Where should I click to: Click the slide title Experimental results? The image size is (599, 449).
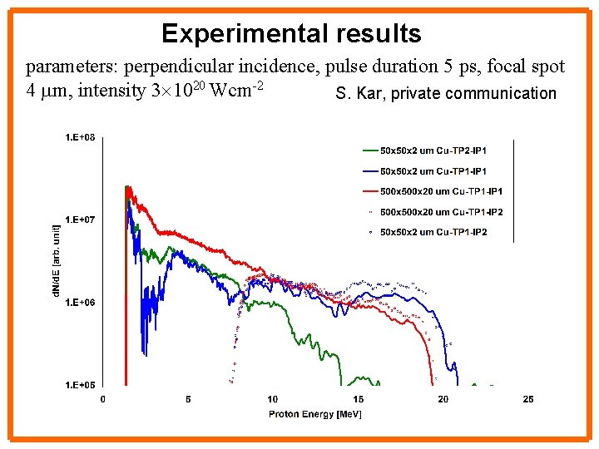pyautogui.click(x=291, y=34)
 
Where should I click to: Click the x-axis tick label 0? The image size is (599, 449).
pyautogui.click(x=103, y=400)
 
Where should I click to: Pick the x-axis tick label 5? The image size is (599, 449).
pyautogui.click(x=188, y=400)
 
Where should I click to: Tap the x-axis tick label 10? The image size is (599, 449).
pyautogui.click(x=273, y=400)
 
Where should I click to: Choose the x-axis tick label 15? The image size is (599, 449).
pyautogui.click(x=359, y=400)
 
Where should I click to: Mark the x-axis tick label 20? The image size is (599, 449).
pyautogui.click(x=443, y=400)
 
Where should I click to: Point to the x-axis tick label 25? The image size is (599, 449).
pyautogui.click(x=528, y=400)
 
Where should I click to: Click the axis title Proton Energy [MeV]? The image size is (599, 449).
pyautogui.click(x=304, y=414)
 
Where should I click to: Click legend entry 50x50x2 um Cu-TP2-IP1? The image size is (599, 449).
pyautogui.click(x=433, y=150)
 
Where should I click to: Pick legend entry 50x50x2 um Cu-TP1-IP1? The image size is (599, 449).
pyautogui.click(x=433, y=170)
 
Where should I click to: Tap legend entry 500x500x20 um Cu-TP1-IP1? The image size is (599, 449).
pyautogui.click(x=441, y=191)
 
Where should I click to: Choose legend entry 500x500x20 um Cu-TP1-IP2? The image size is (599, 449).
pyautogui.click(x=441, y=212)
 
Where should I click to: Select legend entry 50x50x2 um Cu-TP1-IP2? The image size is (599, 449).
pyautogui.click(x=433, y=232)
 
